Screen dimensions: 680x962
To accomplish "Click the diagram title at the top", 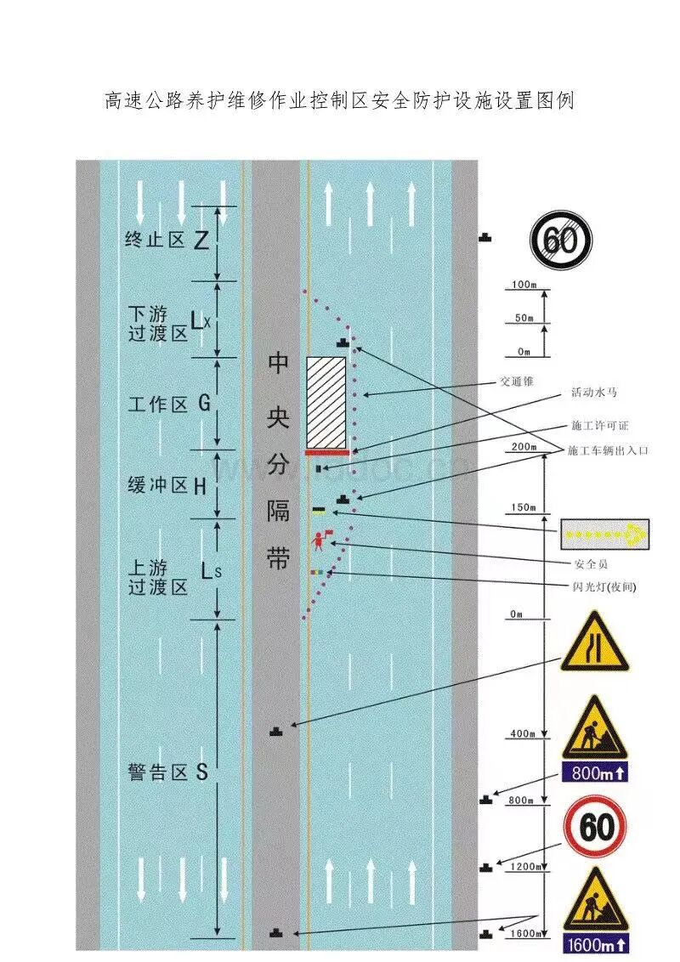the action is pos(339,101).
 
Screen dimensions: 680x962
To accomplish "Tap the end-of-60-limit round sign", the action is pos(561,240).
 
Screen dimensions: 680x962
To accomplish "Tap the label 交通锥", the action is pos(517,382).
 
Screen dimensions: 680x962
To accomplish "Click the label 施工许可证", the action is pos(600,425).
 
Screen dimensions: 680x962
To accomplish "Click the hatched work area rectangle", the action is pos(326,402).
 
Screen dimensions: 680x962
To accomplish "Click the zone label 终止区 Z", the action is pos(166,240).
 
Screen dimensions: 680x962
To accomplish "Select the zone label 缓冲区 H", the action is pos(167,486).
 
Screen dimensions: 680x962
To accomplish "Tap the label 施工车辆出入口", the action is pos(608,450).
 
